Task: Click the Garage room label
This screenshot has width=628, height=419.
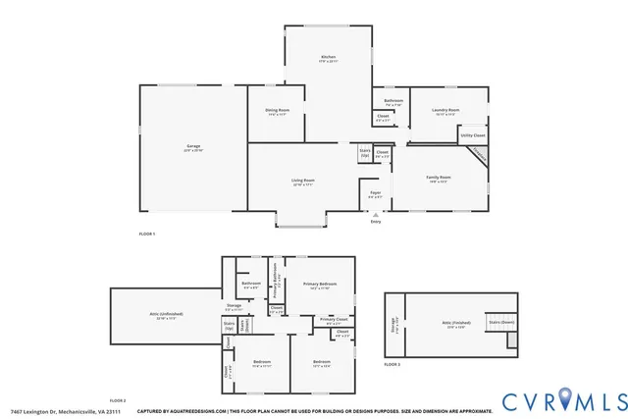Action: (193, 147)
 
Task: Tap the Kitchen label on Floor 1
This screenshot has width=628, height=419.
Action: (328, 58)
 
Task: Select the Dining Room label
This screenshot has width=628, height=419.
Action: (277, 111)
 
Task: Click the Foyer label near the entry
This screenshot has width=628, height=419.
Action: (375, 193)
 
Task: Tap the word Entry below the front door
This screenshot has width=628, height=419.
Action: (375, 222)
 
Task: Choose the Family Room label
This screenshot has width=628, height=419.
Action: (437, 178)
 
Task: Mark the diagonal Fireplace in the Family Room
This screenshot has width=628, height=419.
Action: (476, 155)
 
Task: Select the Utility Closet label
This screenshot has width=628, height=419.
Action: (472, 135)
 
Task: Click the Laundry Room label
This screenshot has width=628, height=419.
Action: (445, 111)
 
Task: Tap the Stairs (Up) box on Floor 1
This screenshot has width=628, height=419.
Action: (364, 153)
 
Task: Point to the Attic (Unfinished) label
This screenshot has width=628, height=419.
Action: (166, 314)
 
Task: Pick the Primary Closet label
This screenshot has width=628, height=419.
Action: (333, 320)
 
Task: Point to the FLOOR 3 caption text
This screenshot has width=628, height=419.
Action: (392, 364)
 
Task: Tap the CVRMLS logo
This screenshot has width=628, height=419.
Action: (563, 401)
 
